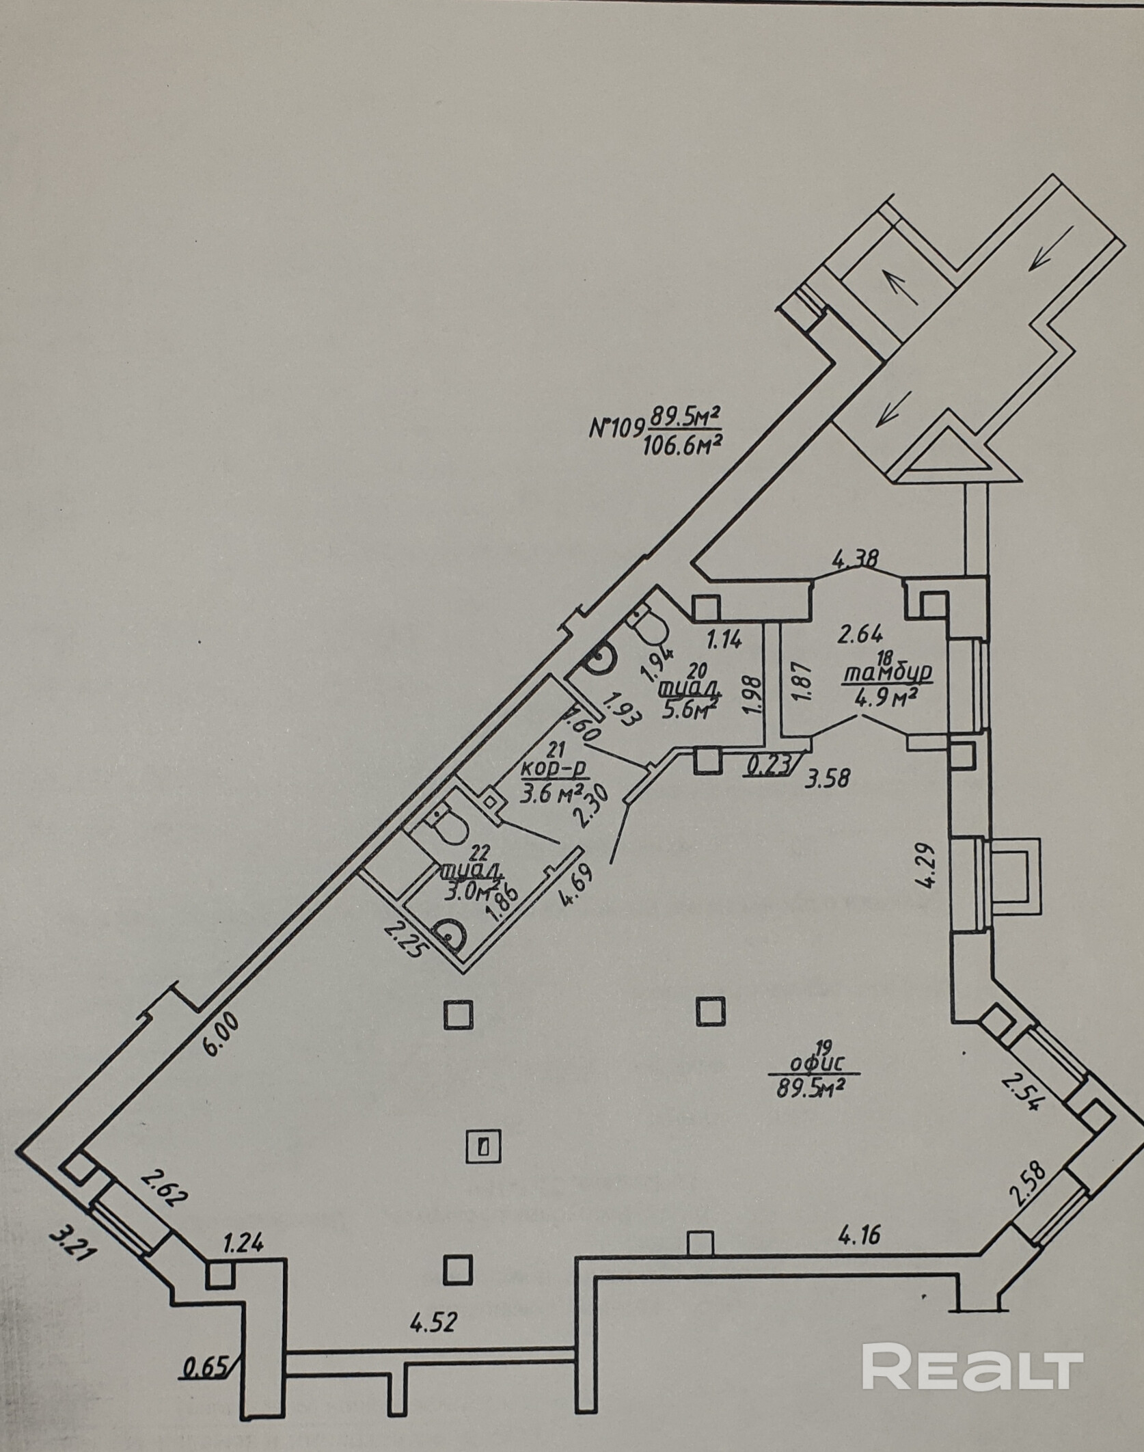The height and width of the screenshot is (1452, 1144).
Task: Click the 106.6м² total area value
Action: click(682, 446)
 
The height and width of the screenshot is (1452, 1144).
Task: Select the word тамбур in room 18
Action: click(887, 674)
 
